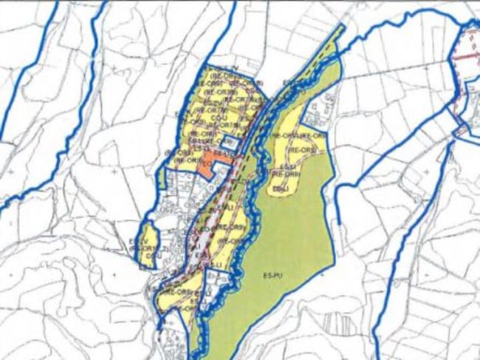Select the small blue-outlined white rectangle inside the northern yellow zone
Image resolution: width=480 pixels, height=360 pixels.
pos(230,141)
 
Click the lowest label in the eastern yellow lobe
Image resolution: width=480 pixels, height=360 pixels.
pos(279,189)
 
